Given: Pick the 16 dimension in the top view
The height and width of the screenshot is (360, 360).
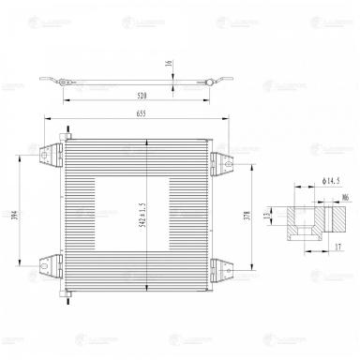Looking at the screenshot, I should click(x=170, y=67).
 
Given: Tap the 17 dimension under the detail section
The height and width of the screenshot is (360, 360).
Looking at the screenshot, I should click(x=337, y=247).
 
